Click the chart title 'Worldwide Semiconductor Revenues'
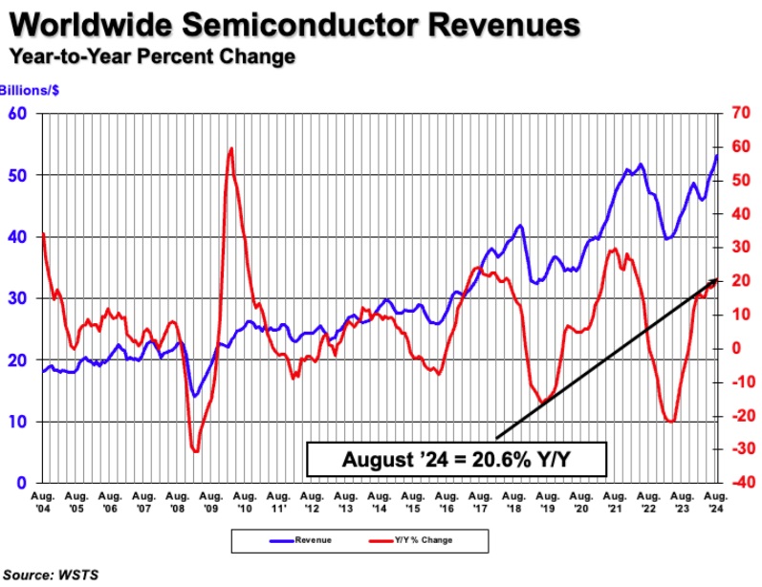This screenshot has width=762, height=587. click(x=294, y=24)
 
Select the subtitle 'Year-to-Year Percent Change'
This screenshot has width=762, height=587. click(x=152, y=56)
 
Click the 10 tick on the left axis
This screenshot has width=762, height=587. click(x=20, y=422)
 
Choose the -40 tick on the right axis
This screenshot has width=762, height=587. click(x=741, y=483)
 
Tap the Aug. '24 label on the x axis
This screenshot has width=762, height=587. click(x=714, y=503)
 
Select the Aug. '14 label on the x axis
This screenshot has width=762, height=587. click(x=379, y=503)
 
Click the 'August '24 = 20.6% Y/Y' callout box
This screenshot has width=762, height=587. click(x=456, y=460)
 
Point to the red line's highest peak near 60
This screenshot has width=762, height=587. click(x=230, y=148)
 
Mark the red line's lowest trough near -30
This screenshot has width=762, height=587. click(x=196, y=450)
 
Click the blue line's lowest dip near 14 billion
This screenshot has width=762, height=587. click(x=195, y=396)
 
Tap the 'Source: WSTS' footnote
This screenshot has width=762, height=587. click(x=55, y=575)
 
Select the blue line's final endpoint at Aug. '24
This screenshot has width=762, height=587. click(x=717, y=155)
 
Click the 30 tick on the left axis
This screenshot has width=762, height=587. click(x=20, y=298)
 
